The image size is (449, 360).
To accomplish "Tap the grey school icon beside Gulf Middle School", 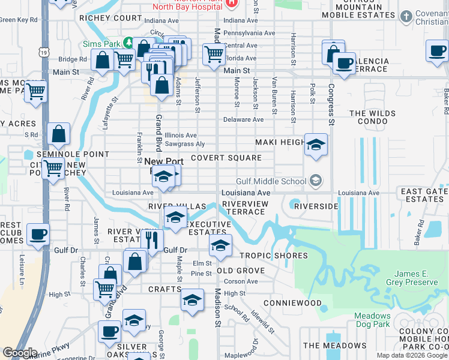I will click(x=316, y=181).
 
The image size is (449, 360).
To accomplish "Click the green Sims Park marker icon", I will click(x=128, y=43).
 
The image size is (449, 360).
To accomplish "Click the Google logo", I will click(x=20, y=353).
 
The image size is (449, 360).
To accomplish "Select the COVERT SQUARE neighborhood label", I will click(x=226, y=158).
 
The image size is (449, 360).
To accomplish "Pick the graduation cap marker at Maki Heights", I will click(x=316, y=145).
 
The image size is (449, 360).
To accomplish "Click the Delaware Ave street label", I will click(x=244, y=119).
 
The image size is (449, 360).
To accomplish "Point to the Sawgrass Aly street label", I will click(x=185, y=144).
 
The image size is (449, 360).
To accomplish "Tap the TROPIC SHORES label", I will click(x=274, y=256).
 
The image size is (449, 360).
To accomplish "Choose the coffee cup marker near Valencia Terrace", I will click(x=344, y=63).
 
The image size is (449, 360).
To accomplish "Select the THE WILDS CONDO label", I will click(x=381, y=118).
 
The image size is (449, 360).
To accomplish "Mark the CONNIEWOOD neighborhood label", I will click(x=292, y=303).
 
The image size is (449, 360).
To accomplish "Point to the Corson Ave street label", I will click(x=241, y=281).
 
